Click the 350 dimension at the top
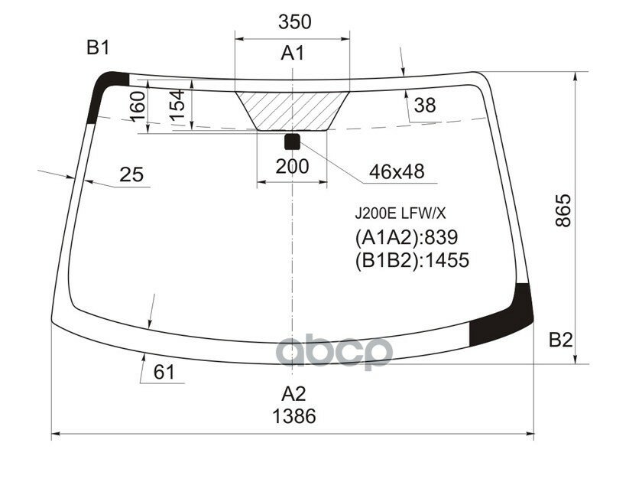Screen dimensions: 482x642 click(294, 22)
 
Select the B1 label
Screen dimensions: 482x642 click(98, 48)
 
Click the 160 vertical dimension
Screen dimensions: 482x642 click(137, 104)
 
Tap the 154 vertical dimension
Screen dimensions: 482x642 click(177, 104)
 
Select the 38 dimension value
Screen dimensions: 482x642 click(424, 105)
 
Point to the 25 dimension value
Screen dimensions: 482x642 click(131, 175)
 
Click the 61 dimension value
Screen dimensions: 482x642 click(164, 373)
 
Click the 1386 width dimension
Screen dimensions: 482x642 click(293, 417)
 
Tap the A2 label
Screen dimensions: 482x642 click(293, 394)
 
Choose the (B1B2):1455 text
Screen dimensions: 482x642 click(411, 260)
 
